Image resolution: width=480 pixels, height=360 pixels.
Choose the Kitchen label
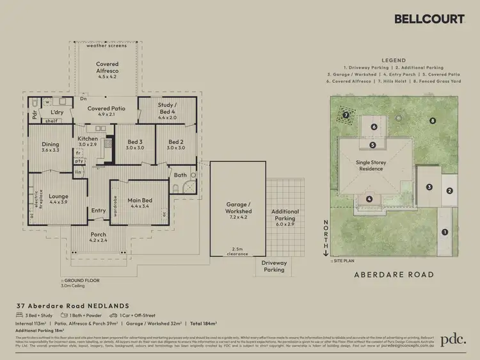[x=88, y=142]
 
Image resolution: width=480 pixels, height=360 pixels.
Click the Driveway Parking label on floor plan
[x=275, y=265]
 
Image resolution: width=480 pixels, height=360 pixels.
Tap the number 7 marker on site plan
[x=345, y=115]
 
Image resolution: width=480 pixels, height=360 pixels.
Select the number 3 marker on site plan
[x=429, y=187]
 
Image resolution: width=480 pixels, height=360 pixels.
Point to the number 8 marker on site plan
[x=433, y=120]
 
